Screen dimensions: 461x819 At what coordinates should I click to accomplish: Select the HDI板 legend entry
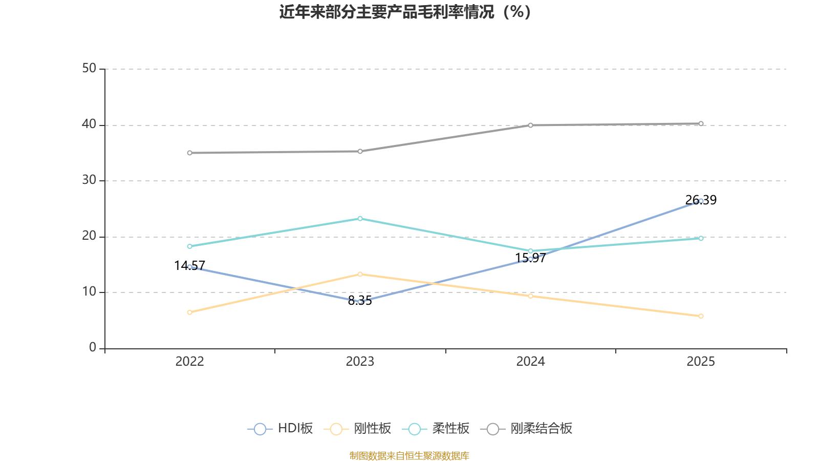click(x=281, y=429)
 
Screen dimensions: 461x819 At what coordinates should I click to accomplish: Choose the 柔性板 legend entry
click(x=436, y=429)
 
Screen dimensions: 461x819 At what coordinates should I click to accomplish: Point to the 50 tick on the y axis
click(x=89, y=69)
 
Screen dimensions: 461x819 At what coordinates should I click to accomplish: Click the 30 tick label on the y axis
click(x=89, y=180)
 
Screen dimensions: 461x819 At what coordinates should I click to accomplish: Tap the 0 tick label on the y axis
click(x=93, y=348)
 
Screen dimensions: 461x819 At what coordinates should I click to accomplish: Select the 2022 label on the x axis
click(x=189, y=362)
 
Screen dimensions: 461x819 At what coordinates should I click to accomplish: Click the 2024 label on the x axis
click(x=530, y=362)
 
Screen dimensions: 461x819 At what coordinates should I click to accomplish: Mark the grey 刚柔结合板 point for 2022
click(x=189, y=153)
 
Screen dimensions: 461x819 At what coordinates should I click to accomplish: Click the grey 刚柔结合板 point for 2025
click(x=701, y=123)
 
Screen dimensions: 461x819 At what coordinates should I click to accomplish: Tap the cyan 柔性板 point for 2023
click(x=360, y=219)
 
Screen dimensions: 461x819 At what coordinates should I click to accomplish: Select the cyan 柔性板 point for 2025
click(x=701, y=238)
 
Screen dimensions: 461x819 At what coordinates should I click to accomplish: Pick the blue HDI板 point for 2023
click(x=360, y=302)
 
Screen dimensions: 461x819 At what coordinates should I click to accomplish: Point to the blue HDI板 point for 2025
click(x=701, y=201)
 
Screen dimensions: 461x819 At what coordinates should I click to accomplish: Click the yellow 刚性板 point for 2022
click(x=189, y=312)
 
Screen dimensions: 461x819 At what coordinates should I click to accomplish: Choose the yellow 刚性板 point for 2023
click(x=360, y=274)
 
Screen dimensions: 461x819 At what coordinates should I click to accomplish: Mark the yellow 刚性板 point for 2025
click(x=701, y=316)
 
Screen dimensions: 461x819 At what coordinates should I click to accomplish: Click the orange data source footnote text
click(x=409, y=455)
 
